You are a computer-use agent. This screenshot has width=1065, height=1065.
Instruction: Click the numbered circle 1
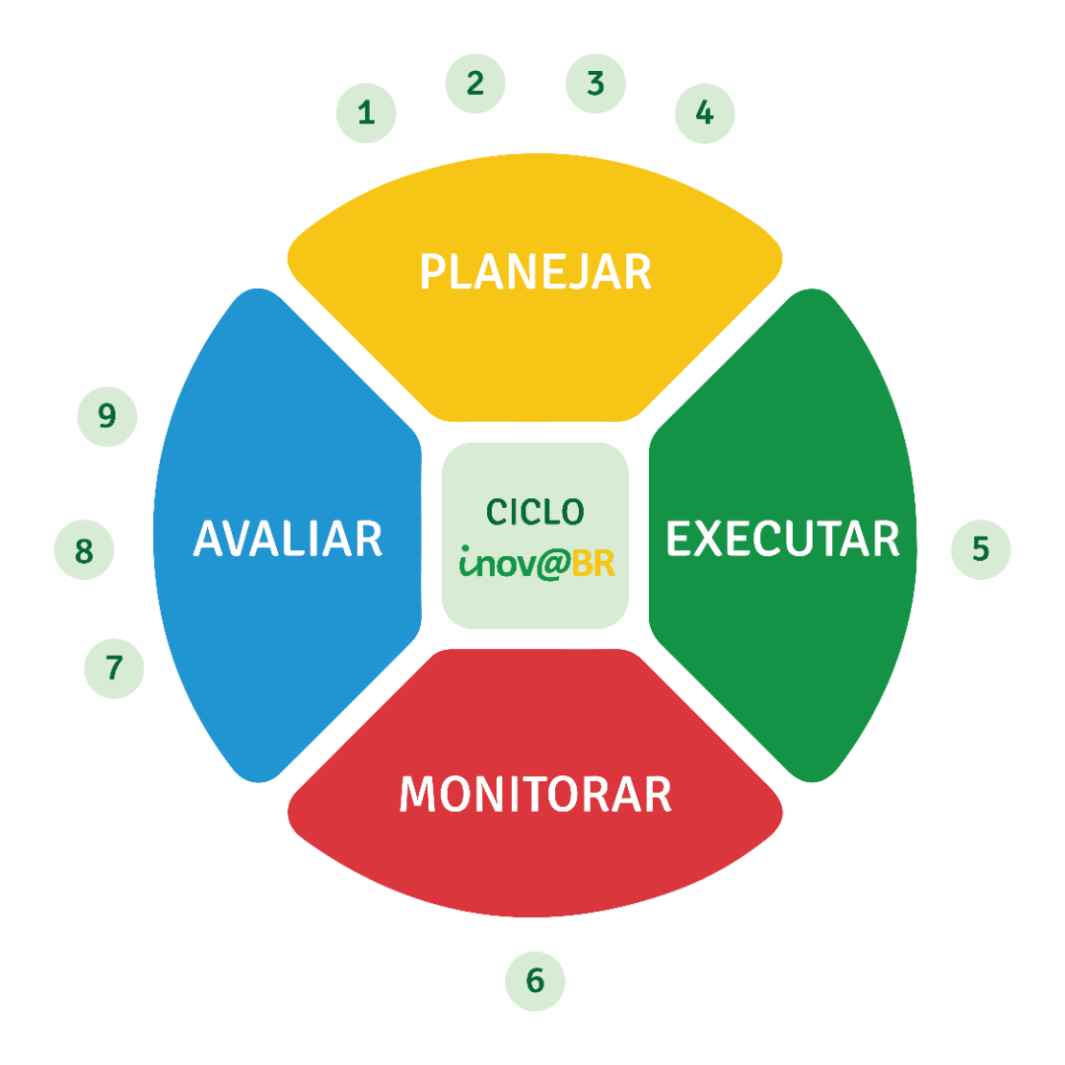click(366, 112)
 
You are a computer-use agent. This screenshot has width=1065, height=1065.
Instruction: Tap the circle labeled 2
click(475, 83)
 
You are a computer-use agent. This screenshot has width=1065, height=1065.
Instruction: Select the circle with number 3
click(596, 83)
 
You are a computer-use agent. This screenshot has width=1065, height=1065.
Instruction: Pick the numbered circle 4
click(704, 112)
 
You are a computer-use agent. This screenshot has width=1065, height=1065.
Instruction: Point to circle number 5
click(980, 548)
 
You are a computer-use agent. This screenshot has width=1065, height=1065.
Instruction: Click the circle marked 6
click(535, 981)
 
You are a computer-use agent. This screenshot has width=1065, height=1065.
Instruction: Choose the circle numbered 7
click(114, 669)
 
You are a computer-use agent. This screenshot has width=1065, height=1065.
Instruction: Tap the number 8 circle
click(84, 550)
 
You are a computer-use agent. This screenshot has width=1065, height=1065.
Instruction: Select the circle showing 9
click(107, 416)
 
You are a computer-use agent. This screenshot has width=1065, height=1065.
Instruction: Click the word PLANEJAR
click(535, 272)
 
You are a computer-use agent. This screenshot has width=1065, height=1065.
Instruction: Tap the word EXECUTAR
click(783, 539)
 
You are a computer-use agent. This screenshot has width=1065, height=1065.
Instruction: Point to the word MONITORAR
click(535, 795)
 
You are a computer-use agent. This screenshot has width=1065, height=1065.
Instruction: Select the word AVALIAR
click(288, 539)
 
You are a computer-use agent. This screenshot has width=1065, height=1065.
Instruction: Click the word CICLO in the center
click(535, 512)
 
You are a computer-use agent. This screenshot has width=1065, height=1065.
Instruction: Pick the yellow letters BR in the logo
click(594, 564)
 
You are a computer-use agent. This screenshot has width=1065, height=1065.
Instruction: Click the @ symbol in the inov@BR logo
click(553, 565)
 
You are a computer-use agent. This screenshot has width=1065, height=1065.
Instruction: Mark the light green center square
click(535, 602)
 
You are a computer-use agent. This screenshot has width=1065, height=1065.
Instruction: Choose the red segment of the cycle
click(535, 858)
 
